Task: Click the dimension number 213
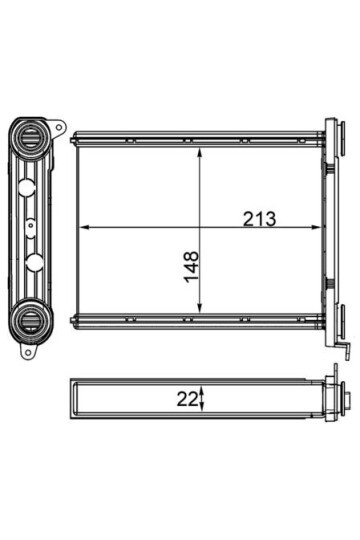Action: tap(259, 219)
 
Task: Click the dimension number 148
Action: tap(191, 267)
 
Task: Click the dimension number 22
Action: tap(188, 399)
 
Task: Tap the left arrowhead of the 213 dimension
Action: tap(85, 227)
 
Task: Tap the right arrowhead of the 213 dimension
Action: tap(316, 227)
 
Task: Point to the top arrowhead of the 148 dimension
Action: tap(199, 153)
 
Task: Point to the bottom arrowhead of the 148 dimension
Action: tap(199, 308)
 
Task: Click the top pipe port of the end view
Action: tap(31, 137)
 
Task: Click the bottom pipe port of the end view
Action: tap(31, 321)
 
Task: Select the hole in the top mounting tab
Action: tap(59, 127)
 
